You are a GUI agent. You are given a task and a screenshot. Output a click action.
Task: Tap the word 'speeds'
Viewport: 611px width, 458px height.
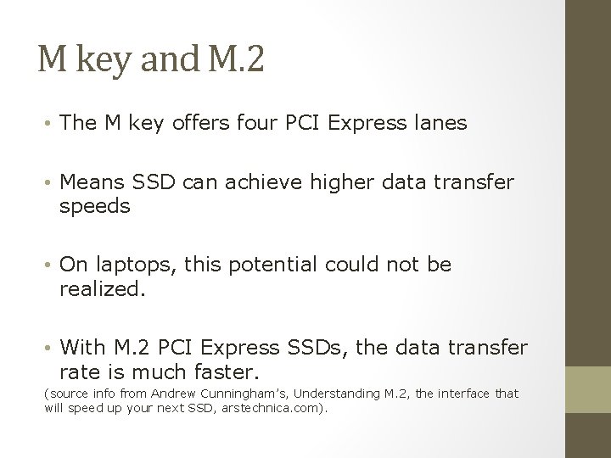(95, 207)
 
